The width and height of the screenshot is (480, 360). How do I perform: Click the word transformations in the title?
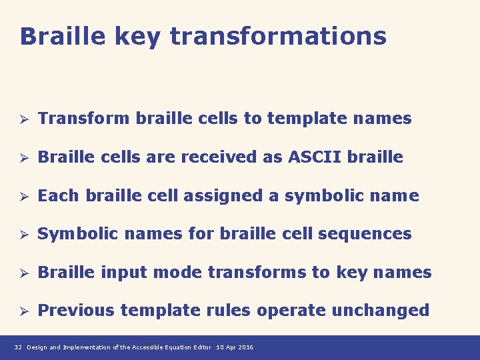click(278, 36)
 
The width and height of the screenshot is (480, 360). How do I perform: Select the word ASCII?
click(313, 157)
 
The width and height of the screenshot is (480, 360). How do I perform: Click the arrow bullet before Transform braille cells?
click(22, 119)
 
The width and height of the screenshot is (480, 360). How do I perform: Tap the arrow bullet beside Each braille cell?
click(22, 197)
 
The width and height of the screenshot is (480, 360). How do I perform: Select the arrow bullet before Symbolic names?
click(22, 235)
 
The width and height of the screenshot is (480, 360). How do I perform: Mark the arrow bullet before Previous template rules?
click(22, 311)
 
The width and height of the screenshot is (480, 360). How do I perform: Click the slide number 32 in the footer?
click(18, 348)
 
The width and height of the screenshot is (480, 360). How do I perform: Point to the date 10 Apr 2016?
click(235, 348)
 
